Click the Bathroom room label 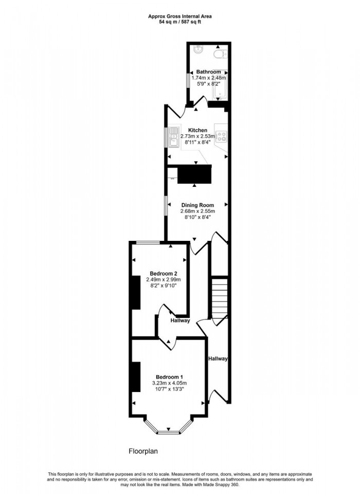point(208,72)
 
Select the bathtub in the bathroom point(219,89)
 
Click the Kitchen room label point(197,130)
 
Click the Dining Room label point(197,205)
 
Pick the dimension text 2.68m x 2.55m point(197,211)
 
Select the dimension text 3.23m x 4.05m point(169,383)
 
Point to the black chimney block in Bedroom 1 point(136,377)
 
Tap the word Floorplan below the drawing point(143,451)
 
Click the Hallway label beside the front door point(218,359)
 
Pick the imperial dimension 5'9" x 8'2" point(208,84)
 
